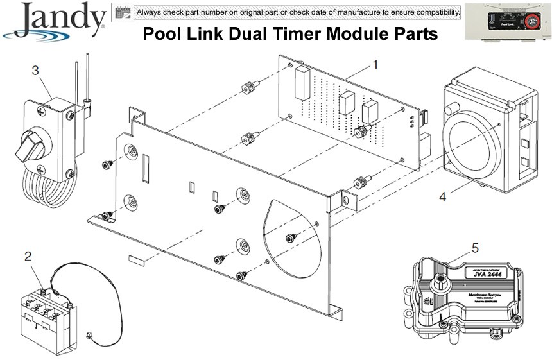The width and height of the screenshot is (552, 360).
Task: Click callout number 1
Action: pos(375,64)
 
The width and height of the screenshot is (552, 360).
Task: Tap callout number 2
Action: pos(28,257)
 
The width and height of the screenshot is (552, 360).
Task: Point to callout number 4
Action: pos(442,197)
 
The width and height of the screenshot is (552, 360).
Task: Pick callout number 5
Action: pos(475,246)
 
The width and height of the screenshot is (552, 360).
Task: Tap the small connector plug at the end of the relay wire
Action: pos(89,335)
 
